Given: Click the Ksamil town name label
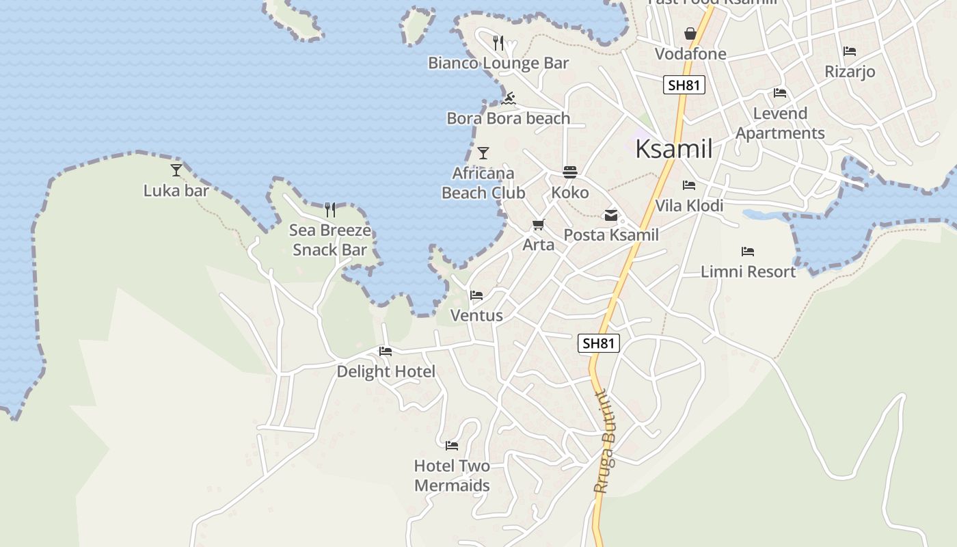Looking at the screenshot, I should click(674, 148).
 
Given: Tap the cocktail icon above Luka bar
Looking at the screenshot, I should click(176, 170).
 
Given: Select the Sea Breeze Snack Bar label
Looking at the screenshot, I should click(330, 240).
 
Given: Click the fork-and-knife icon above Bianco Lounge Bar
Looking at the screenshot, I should click(498, 43).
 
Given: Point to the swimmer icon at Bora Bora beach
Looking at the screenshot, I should click(508, 98).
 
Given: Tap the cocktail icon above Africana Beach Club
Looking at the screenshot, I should click(483, 153).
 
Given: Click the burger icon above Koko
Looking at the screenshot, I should click(570, 172).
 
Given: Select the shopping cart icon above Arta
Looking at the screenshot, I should click(539, 224).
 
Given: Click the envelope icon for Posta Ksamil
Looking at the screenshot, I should click(610, 215).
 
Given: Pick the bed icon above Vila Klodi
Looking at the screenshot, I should click(689, 185).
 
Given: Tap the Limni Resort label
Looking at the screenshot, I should click(749, 271).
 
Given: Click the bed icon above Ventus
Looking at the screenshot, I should click(476, 295).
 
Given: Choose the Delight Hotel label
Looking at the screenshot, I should click(386, 371).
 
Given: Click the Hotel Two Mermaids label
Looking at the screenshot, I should click(452, 476).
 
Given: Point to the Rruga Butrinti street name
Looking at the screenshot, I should click(604, 442).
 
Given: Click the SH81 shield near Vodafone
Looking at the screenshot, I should click(684, 85).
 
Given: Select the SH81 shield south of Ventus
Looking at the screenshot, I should click(599, 343).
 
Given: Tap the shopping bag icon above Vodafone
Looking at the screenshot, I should click(690, 34).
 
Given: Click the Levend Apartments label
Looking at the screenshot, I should click(780, 123).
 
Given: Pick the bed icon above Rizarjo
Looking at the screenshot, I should click(850, 51).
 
